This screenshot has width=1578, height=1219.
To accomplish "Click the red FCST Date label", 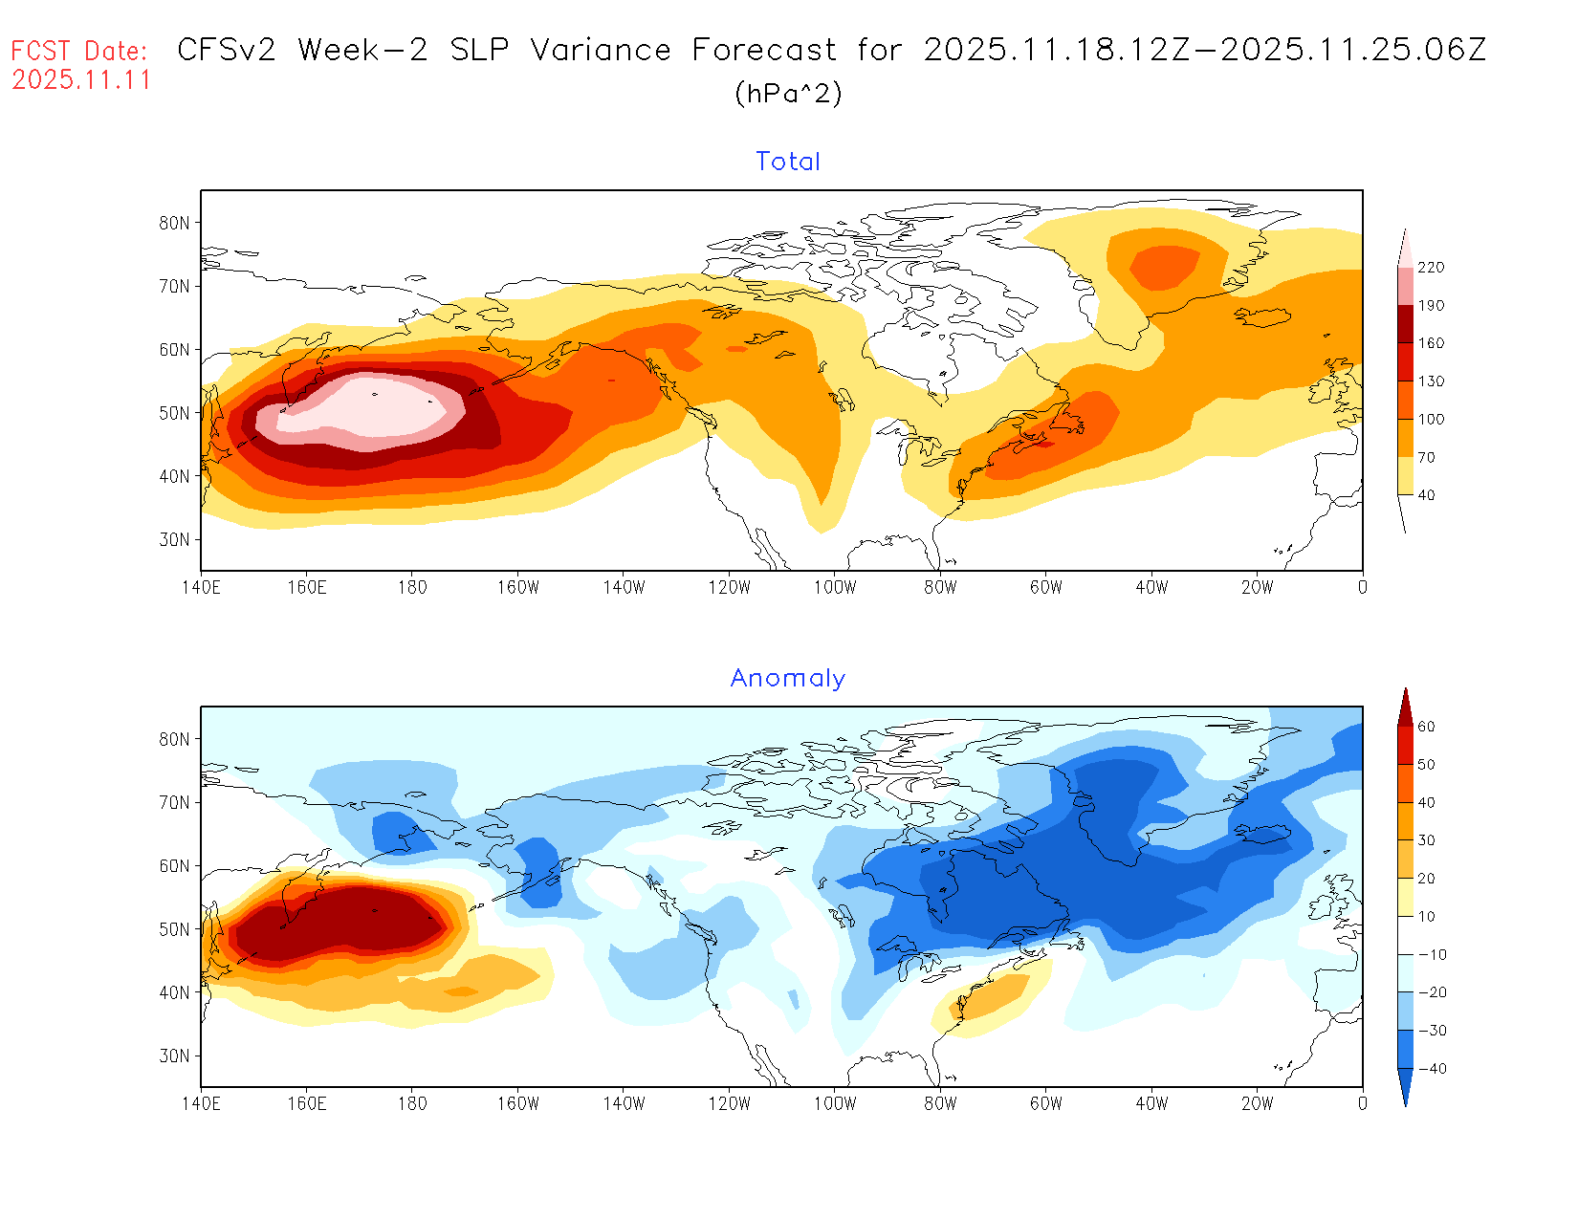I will pos(79,51).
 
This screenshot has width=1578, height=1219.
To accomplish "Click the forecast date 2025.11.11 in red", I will pos(81,80).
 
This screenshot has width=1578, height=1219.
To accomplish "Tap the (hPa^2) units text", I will pos(788,93).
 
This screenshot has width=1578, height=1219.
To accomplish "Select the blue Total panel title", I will pos(788,162).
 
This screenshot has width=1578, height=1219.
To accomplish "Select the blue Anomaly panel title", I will pos(788,678).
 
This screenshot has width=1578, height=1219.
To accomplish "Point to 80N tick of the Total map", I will pos(174,223).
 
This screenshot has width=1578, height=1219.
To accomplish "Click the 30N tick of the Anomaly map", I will pos(174,1056).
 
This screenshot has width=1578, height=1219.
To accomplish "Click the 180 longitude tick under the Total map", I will pos(412,587).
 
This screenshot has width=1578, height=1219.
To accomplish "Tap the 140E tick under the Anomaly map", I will pos(201,1103).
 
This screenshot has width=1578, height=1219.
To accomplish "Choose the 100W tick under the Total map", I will pos(835,587).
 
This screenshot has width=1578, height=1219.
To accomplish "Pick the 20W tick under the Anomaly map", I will pos(1257,1103).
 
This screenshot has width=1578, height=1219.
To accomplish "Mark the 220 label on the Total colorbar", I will pos(1431,268).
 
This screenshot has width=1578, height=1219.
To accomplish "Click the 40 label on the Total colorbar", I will pos(1426,495).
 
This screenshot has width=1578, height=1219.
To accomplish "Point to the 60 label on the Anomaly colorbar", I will pos(1426,727).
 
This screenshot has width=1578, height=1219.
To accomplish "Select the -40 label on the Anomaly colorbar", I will pos(1431,1069).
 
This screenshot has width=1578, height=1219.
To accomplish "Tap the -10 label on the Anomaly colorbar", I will pos(1431,955).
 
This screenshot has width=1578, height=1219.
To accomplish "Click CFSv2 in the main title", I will pos(227,50).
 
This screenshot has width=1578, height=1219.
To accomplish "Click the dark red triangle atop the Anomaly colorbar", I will pos(1405,708).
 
